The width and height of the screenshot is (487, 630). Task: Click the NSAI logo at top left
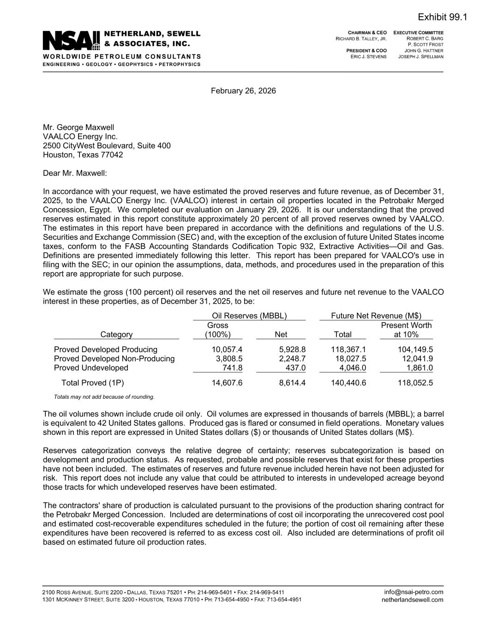point(72,41)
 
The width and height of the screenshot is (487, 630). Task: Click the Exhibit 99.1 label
point(442,17)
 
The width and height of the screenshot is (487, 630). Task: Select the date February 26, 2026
point(243,91)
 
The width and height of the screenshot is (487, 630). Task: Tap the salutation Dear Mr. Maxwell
point(75,173)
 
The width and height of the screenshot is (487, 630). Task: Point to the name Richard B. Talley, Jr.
point(361,39)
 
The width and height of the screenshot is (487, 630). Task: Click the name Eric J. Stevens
point(368,56)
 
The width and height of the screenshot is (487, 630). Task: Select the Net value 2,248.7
point(292,359)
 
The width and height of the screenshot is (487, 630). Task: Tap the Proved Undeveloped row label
point(91,368)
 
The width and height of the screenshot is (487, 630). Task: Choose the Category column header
point(116,335)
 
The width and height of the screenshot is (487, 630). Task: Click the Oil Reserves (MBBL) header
point(249,316)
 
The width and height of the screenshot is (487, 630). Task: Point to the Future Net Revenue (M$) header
point(376,316)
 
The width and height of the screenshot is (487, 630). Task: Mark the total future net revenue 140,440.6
point(349,383)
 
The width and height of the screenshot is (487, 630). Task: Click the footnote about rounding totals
point(104,397)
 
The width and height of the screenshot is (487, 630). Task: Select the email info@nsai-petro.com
point(414,592)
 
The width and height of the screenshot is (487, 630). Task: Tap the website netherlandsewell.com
point(412,600)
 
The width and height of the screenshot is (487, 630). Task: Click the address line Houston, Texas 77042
point(83,155)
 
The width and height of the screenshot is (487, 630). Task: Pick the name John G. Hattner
point(424,51)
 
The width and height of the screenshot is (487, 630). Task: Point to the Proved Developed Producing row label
point(106,349)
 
